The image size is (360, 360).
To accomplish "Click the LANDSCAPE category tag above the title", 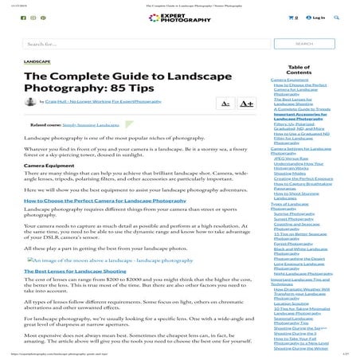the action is [37, 61].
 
